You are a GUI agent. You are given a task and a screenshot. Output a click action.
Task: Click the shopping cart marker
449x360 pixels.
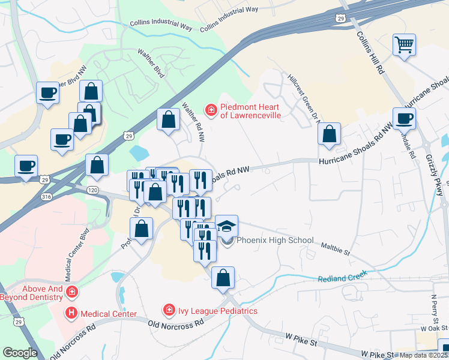point(405,45)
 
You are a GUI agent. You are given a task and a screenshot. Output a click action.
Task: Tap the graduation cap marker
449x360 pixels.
point(226,226)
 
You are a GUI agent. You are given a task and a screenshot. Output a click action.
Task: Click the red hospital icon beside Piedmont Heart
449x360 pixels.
point(211,109)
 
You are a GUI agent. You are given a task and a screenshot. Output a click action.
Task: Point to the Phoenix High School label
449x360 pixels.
point(275,241)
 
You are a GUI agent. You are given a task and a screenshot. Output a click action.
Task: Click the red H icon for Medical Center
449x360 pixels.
point(71,313)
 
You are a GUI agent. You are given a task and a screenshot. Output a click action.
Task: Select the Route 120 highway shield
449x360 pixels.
point(92,190)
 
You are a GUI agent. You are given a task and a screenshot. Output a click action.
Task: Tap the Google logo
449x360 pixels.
point(20,353)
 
